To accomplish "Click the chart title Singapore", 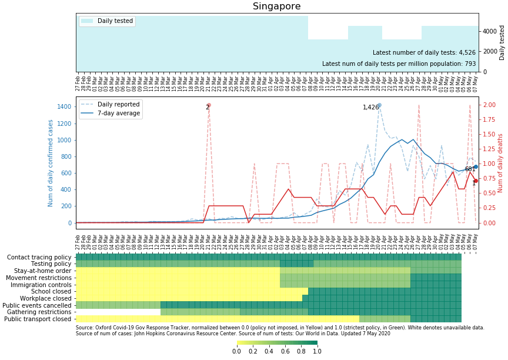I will pos(276,6).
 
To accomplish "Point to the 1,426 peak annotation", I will pos(371,108).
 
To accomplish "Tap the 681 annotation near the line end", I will pos(470,169).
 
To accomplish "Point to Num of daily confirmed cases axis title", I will pos(51,163).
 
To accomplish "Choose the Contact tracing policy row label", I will pos(39,258).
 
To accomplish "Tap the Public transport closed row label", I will pos(38,319).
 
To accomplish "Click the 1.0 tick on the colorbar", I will pos(317,352).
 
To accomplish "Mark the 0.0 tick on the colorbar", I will pos(237,352).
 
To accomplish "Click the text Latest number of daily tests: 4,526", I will pos(424,53).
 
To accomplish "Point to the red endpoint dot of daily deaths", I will pos(475,181).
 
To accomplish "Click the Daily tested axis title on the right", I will pos(502,42).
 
